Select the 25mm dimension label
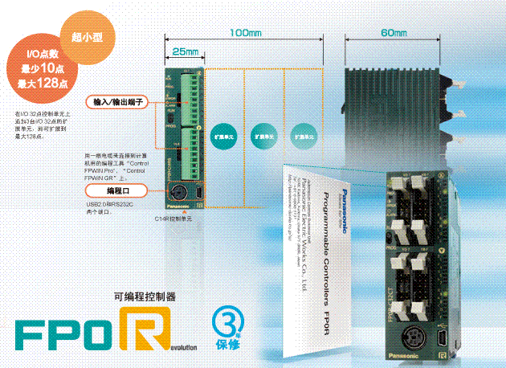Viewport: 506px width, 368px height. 185,51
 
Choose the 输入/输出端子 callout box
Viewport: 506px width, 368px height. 118,104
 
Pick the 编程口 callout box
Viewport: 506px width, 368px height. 118,190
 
